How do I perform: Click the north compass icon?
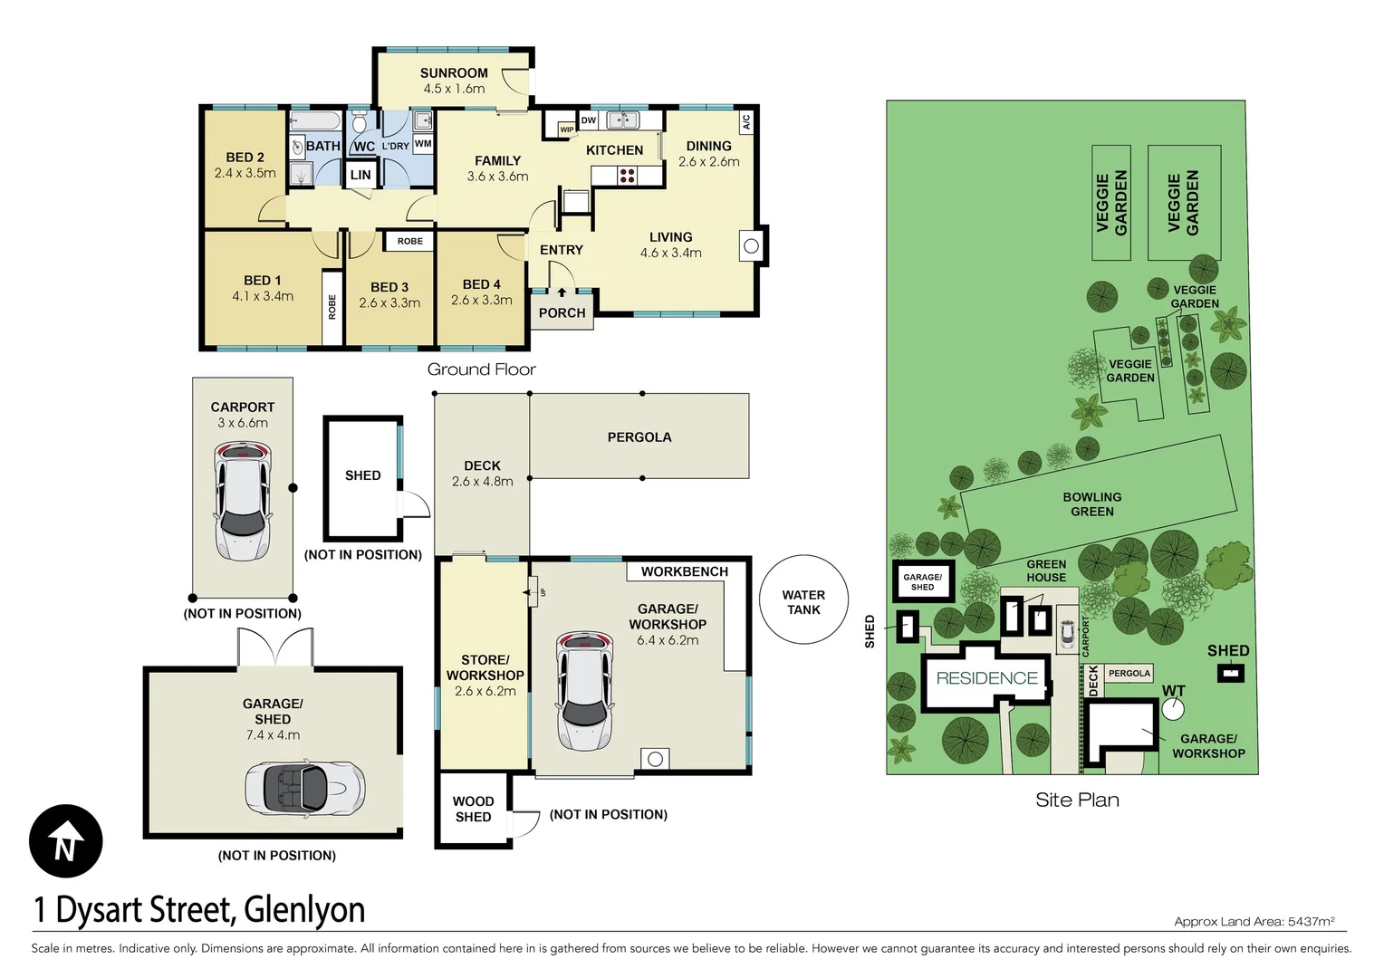(65, 841)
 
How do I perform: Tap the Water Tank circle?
(803, 599)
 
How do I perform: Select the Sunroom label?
(454, 73)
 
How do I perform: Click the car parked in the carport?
(242, 501)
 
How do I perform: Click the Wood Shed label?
(473, 809)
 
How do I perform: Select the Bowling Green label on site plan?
(1092, 504)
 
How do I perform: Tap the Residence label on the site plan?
(986, 678)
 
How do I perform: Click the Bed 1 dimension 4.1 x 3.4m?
(263, 296)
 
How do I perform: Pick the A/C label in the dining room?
(746, 121)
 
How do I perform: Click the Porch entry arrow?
(562, 292)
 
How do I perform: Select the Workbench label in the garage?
(685, 571)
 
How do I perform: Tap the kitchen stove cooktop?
(627, 176)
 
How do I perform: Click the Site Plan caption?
(1077, 800)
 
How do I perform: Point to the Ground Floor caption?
(481, 369)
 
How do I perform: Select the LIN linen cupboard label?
(360, 175)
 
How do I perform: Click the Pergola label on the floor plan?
(639, 437)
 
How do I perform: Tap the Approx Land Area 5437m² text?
(1254, 922)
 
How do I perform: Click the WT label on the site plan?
(1173, 691)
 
